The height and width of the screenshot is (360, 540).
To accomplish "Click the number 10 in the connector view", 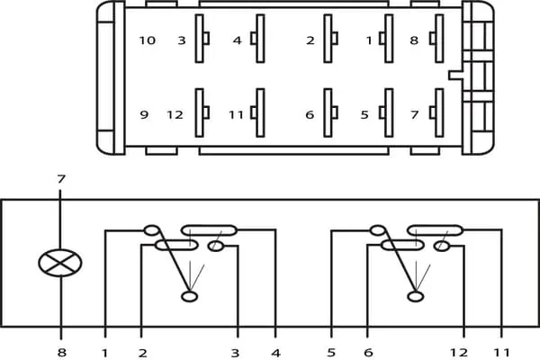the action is pyautogui.click(x=148, y=40).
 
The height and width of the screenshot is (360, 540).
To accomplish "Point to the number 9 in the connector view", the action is pyautogui.click(x=144, y=114).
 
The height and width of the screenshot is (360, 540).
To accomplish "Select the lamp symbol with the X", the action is pyautogui.click(x=60, y=263).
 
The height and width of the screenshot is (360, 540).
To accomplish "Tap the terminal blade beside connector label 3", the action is pyautogui.click(x=200, y=39).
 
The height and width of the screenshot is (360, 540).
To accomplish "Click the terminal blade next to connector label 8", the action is pyautogui.click(x=439, y=39).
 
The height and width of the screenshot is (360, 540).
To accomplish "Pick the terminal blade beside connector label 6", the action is pyautogui.click(x=328, y=113).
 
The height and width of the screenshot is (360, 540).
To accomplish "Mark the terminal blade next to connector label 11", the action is pyautogui.click(x=260, y=113).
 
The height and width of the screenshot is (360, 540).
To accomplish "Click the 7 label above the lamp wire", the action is pyautogui.click(x=61, y=179).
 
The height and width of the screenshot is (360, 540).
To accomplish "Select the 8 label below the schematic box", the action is pyautogui.click(x=61, y=353).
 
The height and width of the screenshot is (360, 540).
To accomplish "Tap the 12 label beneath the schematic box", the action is pyautogui.click(x=459, y=353).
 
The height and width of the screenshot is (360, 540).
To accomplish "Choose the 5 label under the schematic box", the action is pyautogui.click(x=331, y=353).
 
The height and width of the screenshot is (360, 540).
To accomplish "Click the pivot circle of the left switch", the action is pyautogui.click(x=189, y=297).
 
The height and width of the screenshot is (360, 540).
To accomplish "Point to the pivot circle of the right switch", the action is pyautogui.click(x=415, y=297).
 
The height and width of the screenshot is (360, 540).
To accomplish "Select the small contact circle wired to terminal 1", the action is pyautogui.click(x=151, y=230).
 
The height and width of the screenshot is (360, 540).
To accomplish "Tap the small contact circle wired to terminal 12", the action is pyautogui.click(x=442, y=247).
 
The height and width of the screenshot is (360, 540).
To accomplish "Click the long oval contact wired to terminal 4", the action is pyautogui.click(x=210, y=230).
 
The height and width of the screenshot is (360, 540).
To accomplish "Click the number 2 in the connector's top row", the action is pyautogui.click(x=310, y=40).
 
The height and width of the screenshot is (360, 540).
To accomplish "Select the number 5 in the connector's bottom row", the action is pyautogui.click(x=364, y=114).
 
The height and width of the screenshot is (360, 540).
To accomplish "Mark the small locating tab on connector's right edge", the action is pyautogui.click(x=455, y=75).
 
